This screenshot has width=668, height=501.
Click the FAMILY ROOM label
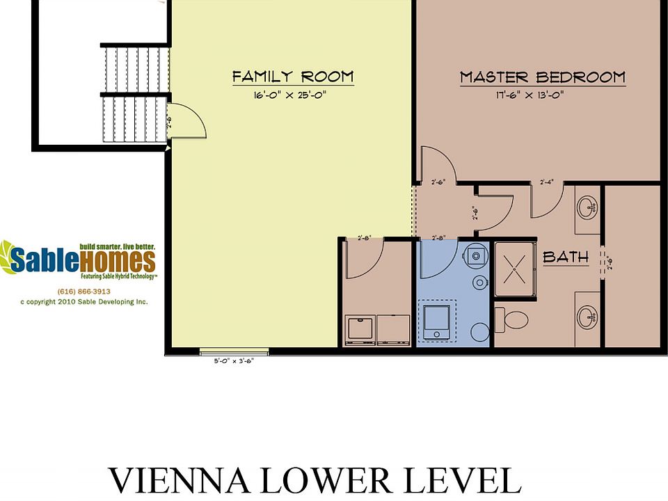coord(293,77)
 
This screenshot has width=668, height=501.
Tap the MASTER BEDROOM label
coord(542,77)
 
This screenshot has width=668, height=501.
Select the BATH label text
coord(565,257)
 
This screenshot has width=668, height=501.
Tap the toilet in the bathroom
coord(515,320)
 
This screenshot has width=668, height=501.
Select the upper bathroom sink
coord(588,206)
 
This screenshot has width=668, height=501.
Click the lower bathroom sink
coord(588,318)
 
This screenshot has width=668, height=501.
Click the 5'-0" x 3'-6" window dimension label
coord(233,361)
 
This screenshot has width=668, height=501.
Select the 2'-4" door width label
coord(548,182)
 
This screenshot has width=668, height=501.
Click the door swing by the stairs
coord(186,121)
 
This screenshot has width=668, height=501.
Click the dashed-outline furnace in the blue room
coord(437,321)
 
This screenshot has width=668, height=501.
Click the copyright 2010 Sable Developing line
coord(83,302)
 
